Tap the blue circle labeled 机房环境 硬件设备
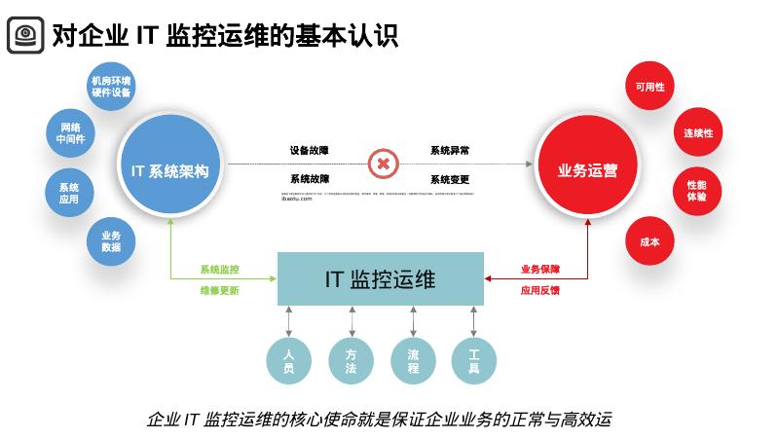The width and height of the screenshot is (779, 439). click(110, 87)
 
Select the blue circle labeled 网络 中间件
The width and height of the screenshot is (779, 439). click(71, 133)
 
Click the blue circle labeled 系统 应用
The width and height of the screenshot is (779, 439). click(68, 193)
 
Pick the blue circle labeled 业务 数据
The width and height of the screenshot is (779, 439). click(110, 240)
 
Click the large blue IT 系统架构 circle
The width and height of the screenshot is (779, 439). click(169, 170)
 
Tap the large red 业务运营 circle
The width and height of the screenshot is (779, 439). click(587, 170)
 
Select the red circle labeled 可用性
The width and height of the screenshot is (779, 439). click(649, 87)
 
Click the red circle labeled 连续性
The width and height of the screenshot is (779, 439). click(697, 132)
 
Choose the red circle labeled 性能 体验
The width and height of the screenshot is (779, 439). click(696, 190)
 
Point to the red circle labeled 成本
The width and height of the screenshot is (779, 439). click(649, 241)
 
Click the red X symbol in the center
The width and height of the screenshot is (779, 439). click(383, 164)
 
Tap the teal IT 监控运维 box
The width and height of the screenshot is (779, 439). click(380, 279)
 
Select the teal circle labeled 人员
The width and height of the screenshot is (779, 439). click(289, 360)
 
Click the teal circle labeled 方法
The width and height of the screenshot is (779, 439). click(351, 360)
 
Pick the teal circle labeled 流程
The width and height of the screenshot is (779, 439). click(413, 360)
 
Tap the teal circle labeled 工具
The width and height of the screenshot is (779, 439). click(474, 360)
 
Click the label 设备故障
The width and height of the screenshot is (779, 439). click(309, 151)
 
